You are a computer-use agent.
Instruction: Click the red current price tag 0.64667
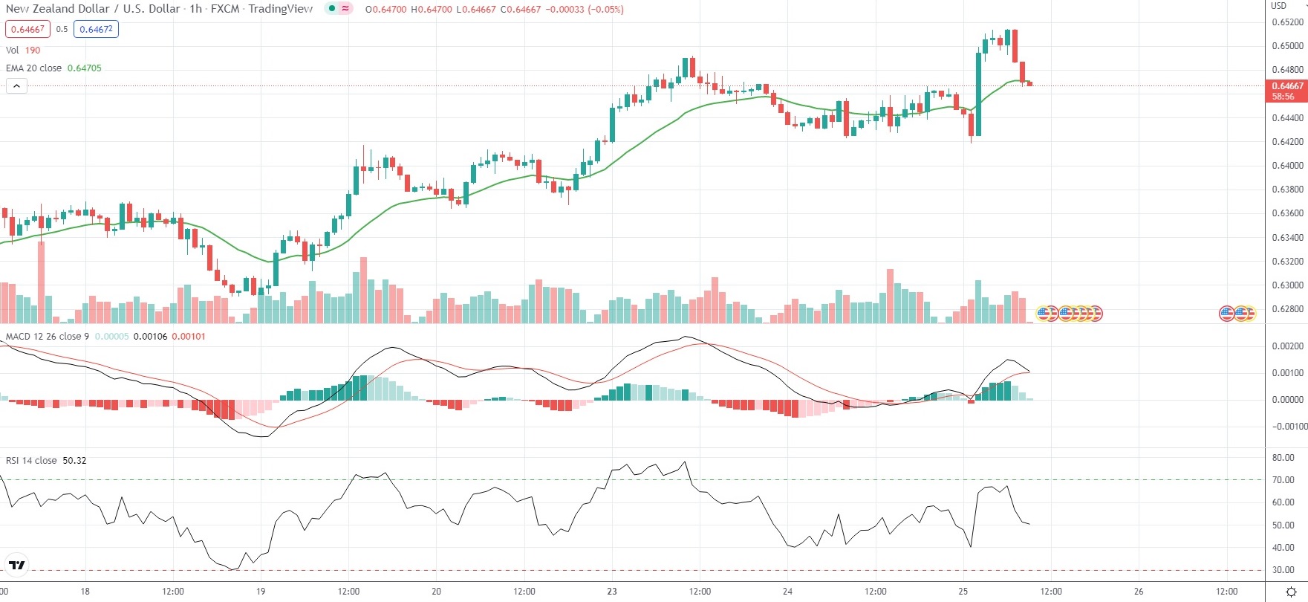tap(1286, 86)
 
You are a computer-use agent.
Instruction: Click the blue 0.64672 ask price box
tap(96, 29)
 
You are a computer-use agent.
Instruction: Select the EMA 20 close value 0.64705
tap(84, 68)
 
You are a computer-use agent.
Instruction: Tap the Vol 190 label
tap(23, 50)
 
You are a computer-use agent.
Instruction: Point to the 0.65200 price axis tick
tap(1287, 22)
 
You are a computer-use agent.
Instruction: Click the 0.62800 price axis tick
tap(1287, 309)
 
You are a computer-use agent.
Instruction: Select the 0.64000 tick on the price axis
tap(1287, 166)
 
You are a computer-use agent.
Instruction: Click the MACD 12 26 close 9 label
tap(47, 337)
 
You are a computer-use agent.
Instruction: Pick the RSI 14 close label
tap(31, 461)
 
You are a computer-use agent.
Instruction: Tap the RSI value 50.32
tap(74, 461)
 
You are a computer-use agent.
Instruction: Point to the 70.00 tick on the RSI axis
tap(1283, 480)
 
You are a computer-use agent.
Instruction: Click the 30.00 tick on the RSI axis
tap(1283, 571)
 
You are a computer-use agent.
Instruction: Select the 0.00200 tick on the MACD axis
tap(1287, 346)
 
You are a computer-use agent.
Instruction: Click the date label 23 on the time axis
tap(612, 592)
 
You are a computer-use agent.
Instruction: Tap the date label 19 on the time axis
tap(261, 592)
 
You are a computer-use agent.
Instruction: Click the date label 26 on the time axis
tap(1139, 592)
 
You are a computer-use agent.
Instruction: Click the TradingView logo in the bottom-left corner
tap(16, 566)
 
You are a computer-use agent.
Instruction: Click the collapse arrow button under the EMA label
tap(16, 86)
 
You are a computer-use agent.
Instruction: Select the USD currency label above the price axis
tap(1278, 6)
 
